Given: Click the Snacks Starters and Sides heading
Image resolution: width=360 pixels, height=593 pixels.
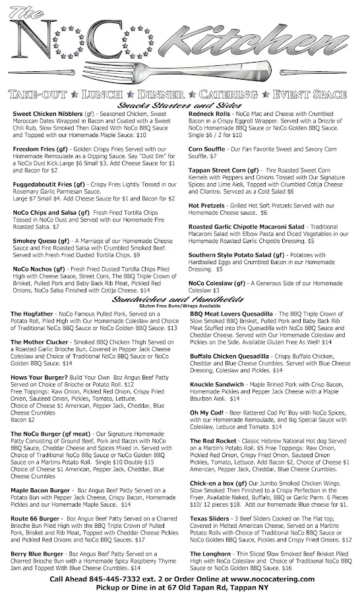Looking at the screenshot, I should tap(179, 105).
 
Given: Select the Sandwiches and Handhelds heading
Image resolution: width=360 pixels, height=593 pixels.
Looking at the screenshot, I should tap(179, 300).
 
